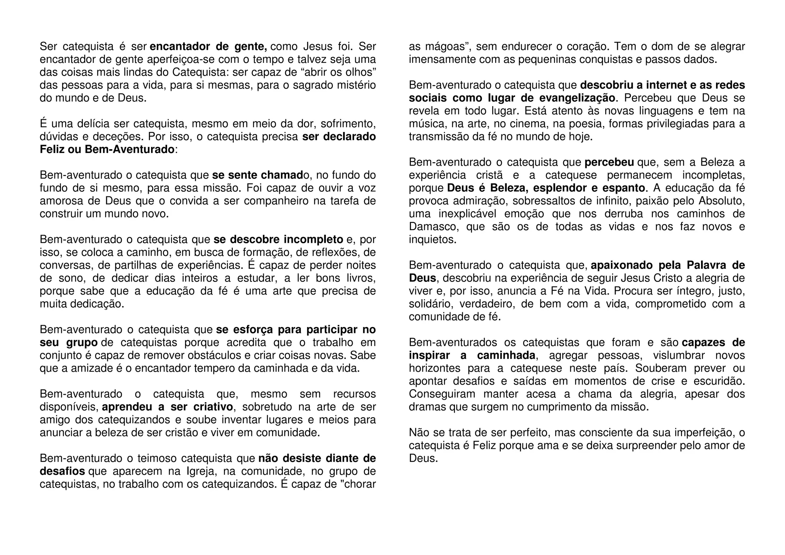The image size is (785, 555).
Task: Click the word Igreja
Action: click(200, 471)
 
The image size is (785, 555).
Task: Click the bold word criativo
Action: click(210, 407)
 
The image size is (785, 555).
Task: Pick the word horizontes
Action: click(435, 368)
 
